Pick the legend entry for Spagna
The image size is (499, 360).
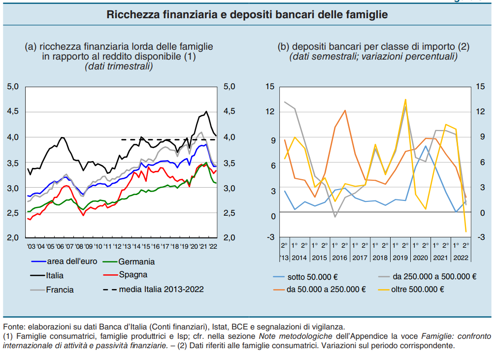point(133,275)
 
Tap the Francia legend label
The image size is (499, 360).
point(60,290)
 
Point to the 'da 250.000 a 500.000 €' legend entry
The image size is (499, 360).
point(434,277)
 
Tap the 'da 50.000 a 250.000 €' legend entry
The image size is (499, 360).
point(326,290)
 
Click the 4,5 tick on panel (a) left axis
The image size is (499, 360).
point(13,112)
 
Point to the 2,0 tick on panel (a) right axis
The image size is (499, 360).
point(230,238)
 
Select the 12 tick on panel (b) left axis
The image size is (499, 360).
point(269,112)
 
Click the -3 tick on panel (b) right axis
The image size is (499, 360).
point(480,238)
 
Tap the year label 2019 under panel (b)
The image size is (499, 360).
point(400,258)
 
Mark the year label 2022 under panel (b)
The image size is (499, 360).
point(461,258)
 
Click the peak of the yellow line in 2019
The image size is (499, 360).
point(405,99)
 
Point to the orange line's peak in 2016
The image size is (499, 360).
point(345,110)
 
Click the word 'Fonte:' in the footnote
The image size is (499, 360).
point(14,327)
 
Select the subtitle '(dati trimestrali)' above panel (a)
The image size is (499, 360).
point(119,66)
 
